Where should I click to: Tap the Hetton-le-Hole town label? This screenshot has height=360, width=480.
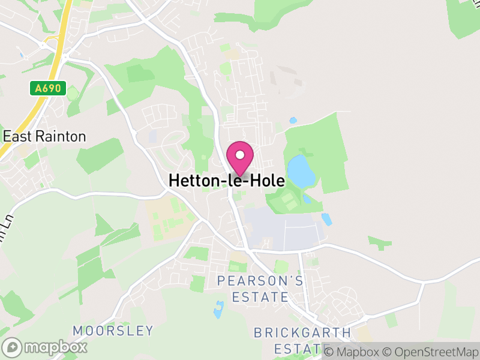(227, 180)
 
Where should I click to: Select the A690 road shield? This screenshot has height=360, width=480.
(48, 88)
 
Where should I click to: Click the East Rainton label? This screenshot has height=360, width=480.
(44, 137)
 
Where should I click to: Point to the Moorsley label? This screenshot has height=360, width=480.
(113, 331)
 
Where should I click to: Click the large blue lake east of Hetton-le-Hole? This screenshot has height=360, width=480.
(300, 171)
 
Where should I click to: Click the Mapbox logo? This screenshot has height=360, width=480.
(45, 347)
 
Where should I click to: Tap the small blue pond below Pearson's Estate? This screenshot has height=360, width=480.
(218, 310)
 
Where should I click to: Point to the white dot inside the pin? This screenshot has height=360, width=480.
(240, 155)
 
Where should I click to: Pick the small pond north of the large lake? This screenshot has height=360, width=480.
(293, 121)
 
